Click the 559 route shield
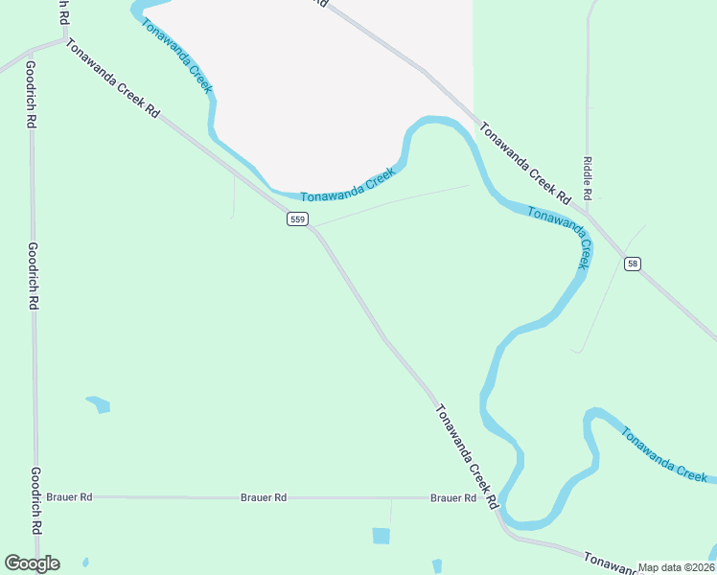[297, 219]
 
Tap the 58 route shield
[632, 264]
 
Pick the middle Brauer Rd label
[264, 497]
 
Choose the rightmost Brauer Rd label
[453, 497]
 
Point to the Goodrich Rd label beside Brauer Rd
[35, 500]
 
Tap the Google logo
[32, 563]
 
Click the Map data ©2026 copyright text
[676, 567]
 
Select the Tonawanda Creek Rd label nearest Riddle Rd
[524, 164]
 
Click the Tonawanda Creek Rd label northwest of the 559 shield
[112, 79]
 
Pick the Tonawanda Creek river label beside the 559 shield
[347, 185]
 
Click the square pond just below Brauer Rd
[382, 536]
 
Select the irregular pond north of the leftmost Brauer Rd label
[99, 404]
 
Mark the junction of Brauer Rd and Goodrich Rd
[37, 497]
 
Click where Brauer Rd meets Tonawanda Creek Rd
[496, 498]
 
